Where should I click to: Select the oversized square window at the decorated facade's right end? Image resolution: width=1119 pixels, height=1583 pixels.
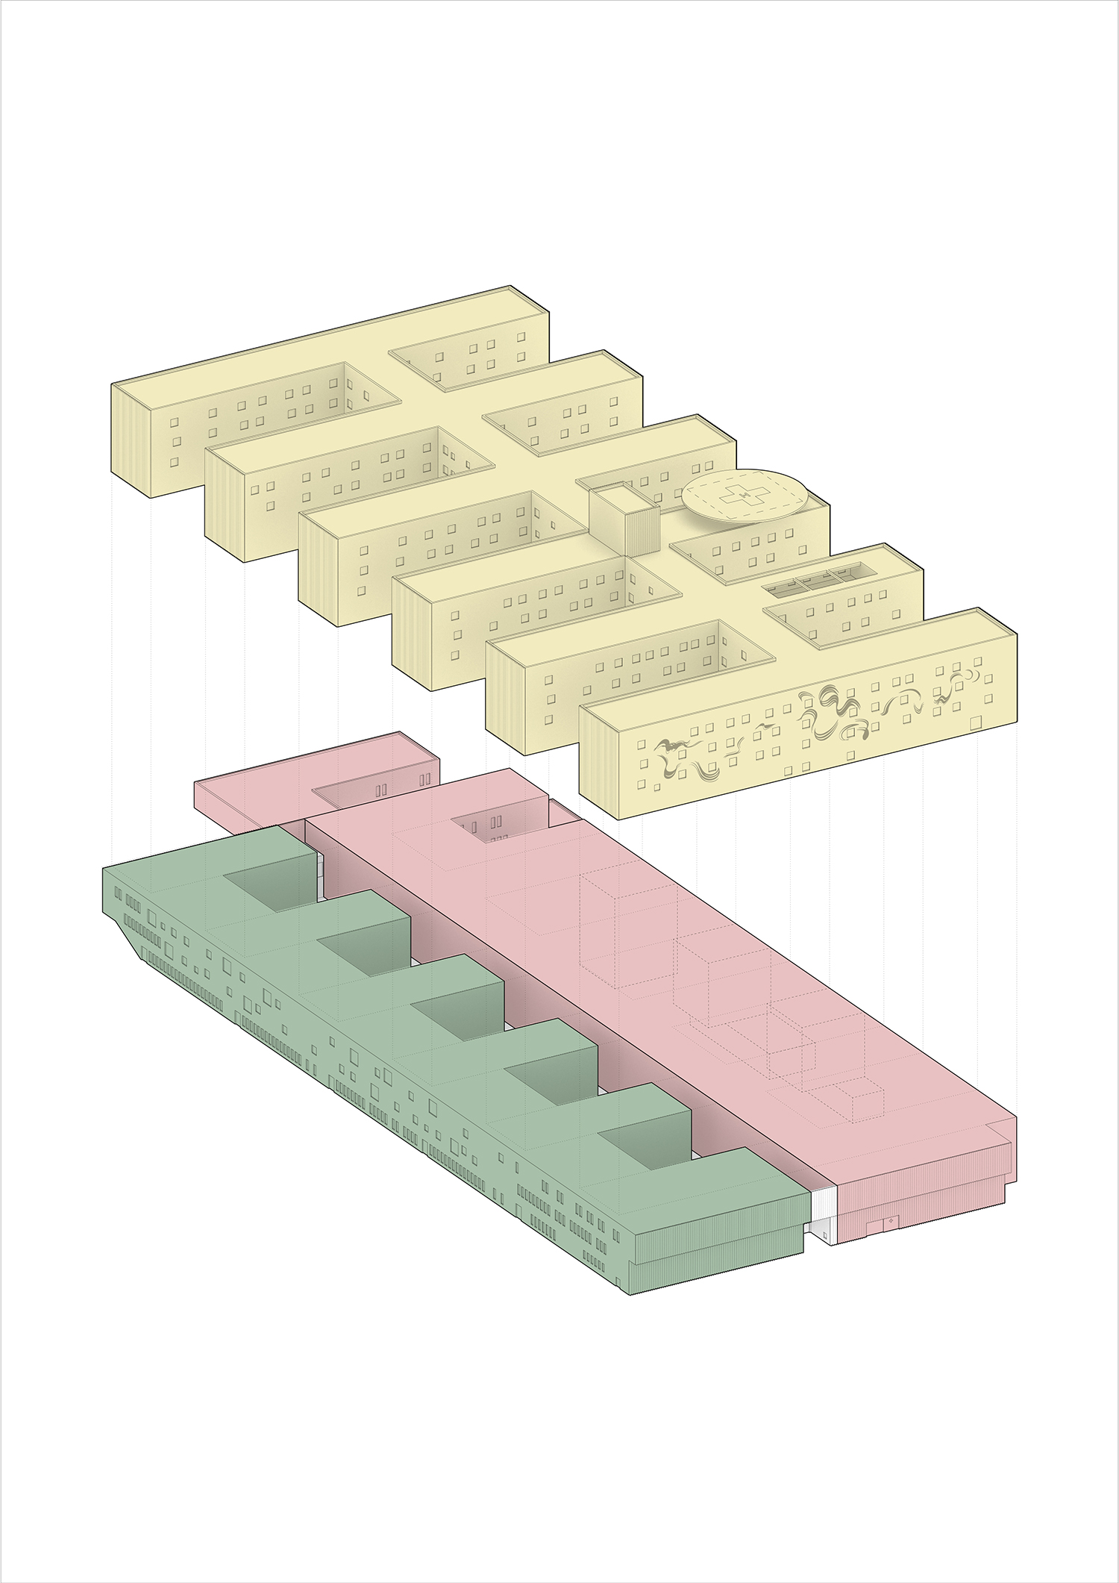tap(975, 722)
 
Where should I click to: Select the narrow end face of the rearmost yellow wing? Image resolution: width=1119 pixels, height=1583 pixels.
tap(131, 440)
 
